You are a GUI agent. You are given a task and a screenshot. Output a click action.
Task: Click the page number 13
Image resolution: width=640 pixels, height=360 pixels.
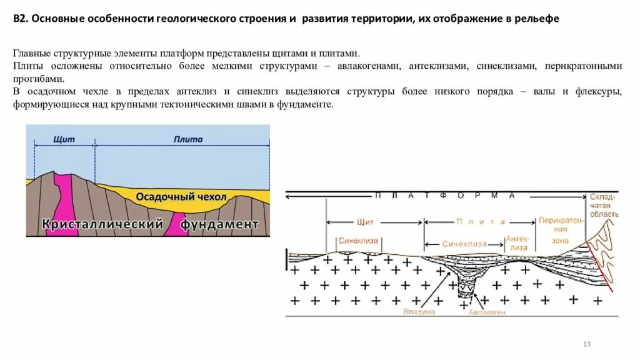pyautogui.click(x=586, y=344)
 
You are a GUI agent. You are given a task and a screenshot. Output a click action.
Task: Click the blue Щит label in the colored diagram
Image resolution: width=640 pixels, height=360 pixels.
pyautogui.click(x=64, y=139)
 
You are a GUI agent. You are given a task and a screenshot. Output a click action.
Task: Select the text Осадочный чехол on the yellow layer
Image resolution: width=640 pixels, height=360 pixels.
pyautogui.click(x=181, y=197)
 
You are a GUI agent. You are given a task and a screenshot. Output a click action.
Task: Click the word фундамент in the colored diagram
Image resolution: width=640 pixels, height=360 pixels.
pyautogui.click(x=220, y=223)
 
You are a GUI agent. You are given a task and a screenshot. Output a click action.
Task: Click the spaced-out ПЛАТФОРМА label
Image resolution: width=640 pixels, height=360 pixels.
pyautogui.click(x=444, y=196)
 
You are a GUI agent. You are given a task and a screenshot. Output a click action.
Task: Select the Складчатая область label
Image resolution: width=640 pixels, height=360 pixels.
pyautogui.click(x=604, y=206)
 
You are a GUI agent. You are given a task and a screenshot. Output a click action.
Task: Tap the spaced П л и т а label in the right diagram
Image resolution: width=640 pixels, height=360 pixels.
pyautogui.click(x=480, y=221)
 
